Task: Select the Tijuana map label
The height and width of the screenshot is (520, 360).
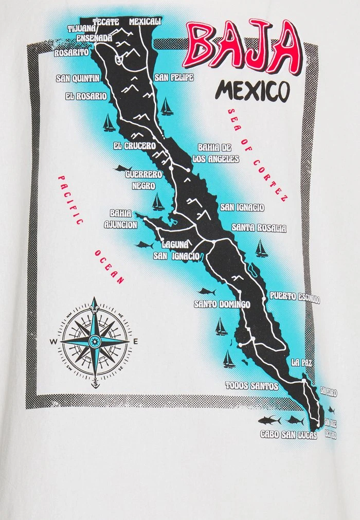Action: (x=82, y=29)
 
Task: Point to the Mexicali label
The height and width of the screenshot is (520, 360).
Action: (x=145, y=22)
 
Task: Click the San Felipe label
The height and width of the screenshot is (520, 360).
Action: (x=174, y=78)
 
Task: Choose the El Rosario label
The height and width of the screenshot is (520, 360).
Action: (x=86, y=96)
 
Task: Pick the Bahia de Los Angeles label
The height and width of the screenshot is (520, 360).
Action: (x=215, y=153)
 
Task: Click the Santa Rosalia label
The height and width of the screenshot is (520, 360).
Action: (x=259, y=227)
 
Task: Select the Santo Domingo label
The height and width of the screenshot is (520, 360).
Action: (x=222, y=304)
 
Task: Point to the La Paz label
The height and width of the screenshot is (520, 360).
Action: (x=301, y=363)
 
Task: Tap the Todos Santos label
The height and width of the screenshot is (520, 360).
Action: (x=251, y=386)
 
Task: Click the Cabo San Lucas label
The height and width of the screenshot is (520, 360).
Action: (x=288, y=435)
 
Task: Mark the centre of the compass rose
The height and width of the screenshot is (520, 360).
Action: (x=95, y=340)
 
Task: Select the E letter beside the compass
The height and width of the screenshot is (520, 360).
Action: (x=136, y=342)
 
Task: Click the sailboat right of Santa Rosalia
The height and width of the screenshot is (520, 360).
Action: (x=262, y=248)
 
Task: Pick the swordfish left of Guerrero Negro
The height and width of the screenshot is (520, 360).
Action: (x=122, y=169)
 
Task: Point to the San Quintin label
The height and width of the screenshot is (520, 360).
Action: (x=78, y=79)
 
